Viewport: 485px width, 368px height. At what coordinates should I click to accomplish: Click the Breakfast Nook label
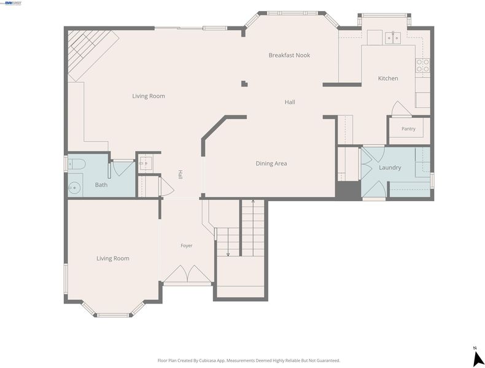(289, 55)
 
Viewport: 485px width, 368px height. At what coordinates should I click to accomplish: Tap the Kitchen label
(388, 79)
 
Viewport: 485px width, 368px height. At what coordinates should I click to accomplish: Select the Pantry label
(408, 129)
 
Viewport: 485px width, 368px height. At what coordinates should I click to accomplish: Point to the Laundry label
(390, 167)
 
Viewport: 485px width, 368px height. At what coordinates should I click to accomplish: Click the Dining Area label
(271, 163)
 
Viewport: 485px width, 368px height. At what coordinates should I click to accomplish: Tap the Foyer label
(187, 246)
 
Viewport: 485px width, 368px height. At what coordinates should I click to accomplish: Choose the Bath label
(101, 185)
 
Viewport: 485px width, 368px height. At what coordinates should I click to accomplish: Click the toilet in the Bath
(76, 164)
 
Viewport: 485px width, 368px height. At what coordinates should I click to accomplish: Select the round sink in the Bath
(74, 188)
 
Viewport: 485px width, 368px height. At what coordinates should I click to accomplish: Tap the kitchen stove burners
(422, 65)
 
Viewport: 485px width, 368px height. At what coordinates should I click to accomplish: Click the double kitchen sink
(393, 37)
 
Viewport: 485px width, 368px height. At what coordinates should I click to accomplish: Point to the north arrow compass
(478, 358)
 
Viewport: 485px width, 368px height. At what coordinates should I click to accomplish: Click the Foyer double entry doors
(187, 274)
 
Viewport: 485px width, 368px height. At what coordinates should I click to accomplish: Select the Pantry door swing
(401, 109)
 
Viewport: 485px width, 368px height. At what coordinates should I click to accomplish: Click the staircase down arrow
(228, 242)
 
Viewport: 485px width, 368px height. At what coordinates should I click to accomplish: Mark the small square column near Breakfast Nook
(244, 84)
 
